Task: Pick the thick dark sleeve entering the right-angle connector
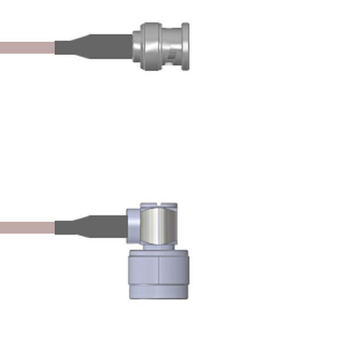pyautogui.click(x=110, y=226)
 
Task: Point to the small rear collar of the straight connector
pyautogui.click(x=137, y=47)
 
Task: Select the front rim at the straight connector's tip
pyautogui.click(x=186, y=47)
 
